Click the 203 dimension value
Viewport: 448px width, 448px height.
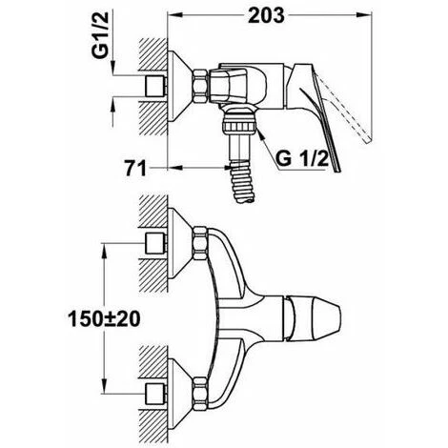(266, 15)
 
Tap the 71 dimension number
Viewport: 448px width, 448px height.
(135, 168)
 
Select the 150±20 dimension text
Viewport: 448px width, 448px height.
(104, 318)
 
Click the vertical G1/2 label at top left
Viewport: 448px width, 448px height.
(100, 34)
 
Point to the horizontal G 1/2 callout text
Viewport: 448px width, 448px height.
(302, 158)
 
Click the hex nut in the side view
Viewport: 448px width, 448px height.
(201, 86)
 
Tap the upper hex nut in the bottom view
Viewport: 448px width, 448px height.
(200, 242)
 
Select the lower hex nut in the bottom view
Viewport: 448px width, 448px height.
(200, 393)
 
